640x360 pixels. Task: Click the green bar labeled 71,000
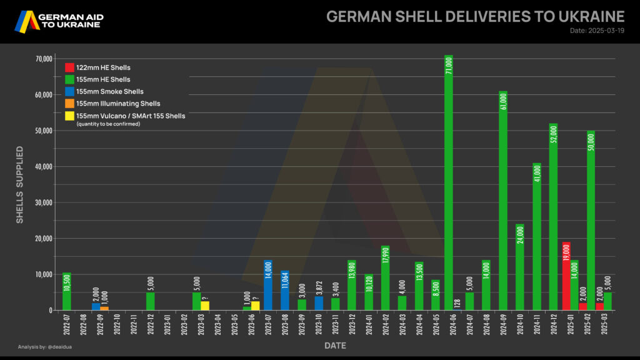pos(448,187)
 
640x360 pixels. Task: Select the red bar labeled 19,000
pos(566,276)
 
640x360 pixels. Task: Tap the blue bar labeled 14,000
pos(268,285)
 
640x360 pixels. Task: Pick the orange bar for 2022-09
pos(104,308)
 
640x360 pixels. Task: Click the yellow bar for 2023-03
pos(205,306)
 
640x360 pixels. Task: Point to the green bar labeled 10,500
pos(66,291)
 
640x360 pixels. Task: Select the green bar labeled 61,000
pos(503,201)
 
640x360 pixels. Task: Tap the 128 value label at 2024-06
pos(457,303)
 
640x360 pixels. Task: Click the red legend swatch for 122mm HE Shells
pos(69,67)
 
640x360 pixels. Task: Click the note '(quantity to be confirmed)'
pos(107,124)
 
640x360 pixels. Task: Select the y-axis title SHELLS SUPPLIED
pos(20,184)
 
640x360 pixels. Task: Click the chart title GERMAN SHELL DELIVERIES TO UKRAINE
pos(475,16)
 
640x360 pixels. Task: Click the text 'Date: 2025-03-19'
pos(597,31)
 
